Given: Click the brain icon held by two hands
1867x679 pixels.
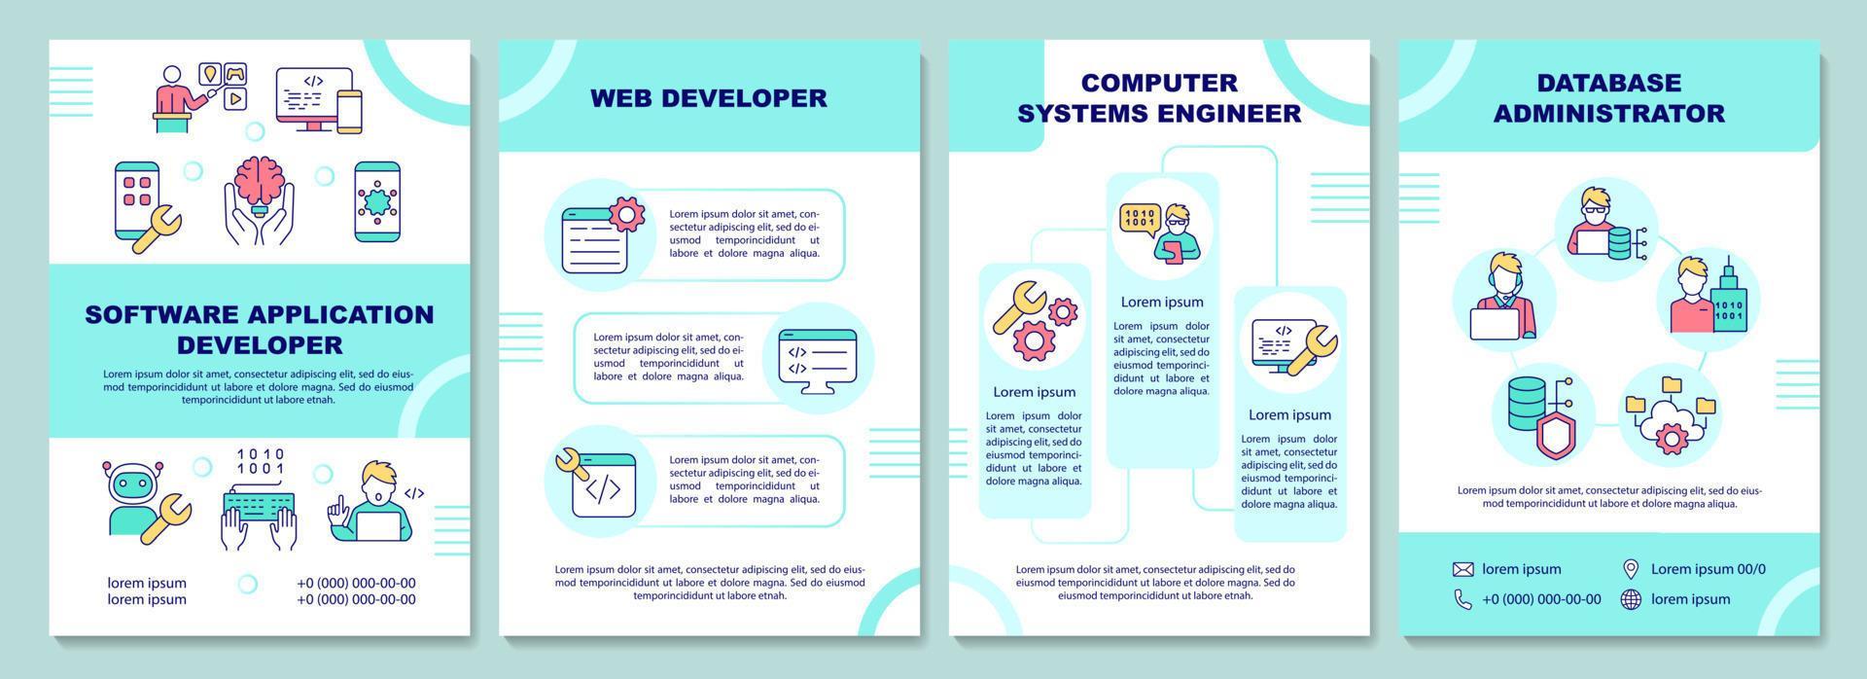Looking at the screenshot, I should (x=259, y=201).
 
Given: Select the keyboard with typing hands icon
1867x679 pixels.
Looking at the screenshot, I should (x=259, y=500).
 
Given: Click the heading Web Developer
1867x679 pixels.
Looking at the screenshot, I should (x=709, y=97).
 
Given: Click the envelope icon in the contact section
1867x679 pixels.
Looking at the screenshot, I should (x=1462, y=569).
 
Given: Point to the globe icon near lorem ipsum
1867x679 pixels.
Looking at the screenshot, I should (x=1631, y=599).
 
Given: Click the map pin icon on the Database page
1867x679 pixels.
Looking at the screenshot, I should (x=1631, y=569).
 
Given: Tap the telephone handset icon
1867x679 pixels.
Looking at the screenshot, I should (x=1462, y=599).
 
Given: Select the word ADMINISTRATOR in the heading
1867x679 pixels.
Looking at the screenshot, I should (x=1608, y=113).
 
